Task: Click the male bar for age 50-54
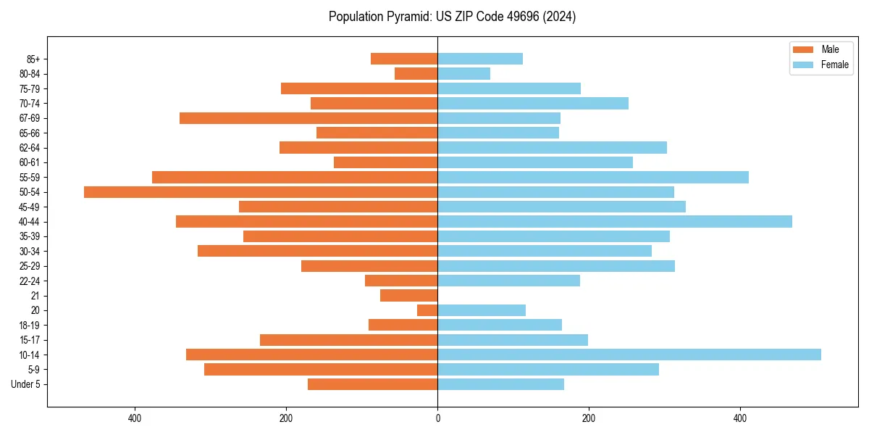tap(261, 192)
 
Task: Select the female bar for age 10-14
tap(629, 355)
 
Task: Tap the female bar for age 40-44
tap(614, 221)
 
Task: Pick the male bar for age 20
tap(427, 310)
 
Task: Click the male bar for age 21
tap(409, 295)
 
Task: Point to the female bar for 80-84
tap(463, 73)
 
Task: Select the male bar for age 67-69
tap(308, 118)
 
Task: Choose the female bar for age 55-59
tap(592, 177)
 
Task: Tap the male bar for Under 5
tap(372, 384)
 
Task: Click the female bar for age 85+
tap(479, 59)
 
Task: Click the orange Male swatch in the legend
tap(803, 49)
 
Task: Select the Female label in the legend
tap(834, 65)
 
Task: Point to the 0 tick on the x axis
tap(437, 418)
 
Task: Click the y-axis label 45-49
tap(30, 207)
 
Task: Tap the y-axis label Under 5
tap(25, 384)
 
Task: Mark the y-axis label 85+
tap(33, 59)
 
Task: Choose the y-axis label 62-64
tap(30, 148)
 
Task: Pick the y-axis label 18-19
tap(30, 325)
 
